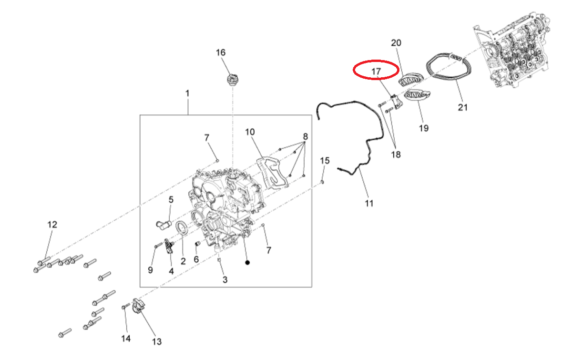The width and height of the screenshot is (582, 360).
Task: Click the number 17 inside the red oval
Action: click(x=376, y=72)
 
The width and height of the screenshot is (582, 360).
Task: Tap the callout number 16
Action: click(x=221, y=53)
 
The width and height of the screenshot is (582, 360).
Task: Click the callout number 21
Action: click(x=462, y=107)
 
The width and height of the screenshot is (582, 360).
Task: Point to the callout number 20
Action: click(x=396, y=43)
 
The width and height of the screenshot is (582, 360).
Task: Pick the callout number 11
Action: click(x=369, y=203)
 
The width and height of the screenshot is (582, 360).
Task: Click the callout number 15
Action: click(x=325, y=161)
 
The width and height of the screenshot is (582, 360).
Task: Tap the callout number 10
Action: click(x=250, y=132)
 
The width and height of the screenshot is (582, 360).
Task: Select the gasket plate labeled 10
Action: click(x=272, y=172)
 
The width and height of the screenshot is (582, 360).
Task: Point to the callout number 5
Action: click(x=171, y=200)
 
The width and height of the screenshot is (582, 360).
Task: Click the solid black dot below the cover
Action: click(x=247, y=263)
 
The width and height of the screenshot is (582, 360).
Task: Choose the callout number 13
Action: click(x=157, y=341)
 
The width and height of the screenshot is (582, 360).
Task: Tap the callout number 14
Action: click(x=126, y=339)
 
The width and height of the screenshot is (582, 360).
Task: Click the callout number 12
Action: click(x=52, y=225)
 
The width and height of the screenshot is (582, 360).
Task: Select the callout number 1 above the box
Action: click(x=187, y=93)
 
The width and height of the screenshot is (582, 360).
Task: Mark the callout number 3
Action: click(x=225, y=280)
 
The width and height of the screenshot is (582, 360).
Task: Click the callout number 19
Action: click(x=423, y=128)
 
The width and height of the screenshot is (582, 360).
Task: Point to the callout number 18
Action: click(x=396, y=154)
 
